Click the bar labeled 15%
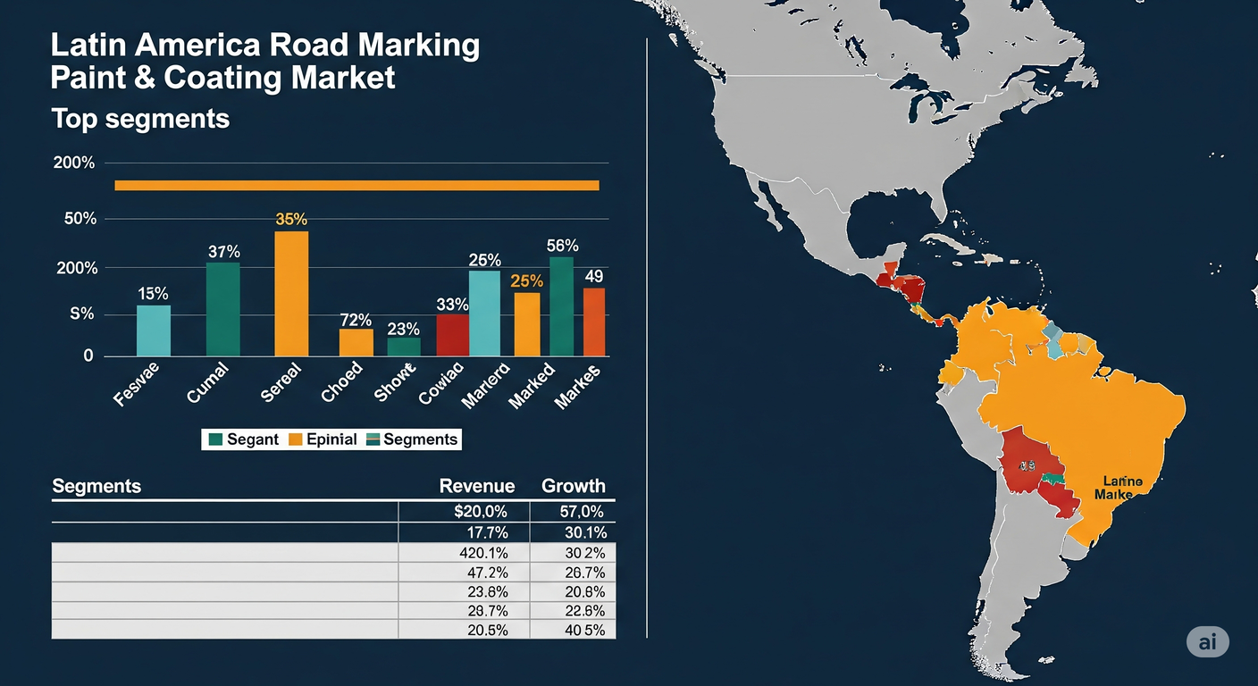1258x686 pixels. point(154,330)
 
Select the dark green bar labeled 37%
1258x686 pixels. point(222,309)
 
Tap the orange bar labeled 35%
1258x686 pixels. point(291,293)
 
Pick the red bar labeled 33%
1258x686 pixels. point(452,335)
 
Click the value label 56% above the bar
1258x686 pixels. point(563,246)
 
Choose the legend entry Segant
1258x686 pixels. point(243,439)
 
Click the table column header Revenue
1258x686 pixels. point(477,486)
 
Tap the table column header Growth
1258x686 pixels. point(574,486)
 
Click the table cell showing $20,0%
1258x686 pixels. point(481,512)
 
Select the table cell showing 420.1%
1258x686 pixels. point(482,553)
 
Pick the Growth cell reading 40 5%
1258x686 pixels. point(584,630)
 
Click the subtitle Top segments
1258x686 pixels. point(140,119)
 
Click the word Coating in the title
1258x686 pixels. point(222,78)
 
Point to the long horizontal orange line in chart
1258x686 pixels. point(356,185)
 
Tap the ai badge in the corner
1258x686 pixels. point(1207,641)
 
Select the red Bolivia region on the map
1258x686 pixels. point(1027,460)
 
